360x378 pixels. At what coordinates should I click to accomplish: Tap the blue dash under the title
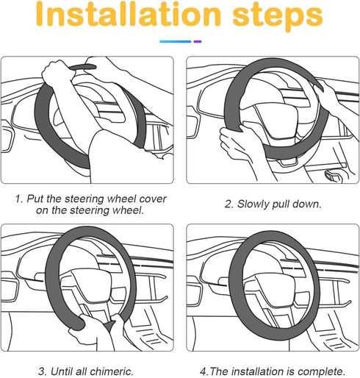tap(174, 42)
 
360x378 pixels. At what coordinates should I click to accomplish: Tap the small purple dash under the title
tap(197, 42)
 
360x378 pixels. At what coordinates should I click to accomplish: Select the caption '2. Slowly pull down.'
tap(272, 203)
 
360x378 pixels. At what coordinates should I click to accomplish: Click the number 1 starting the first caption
tap(18, 199)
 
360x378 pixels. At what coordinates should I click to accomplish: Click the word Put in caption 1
tap(35, 199)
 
